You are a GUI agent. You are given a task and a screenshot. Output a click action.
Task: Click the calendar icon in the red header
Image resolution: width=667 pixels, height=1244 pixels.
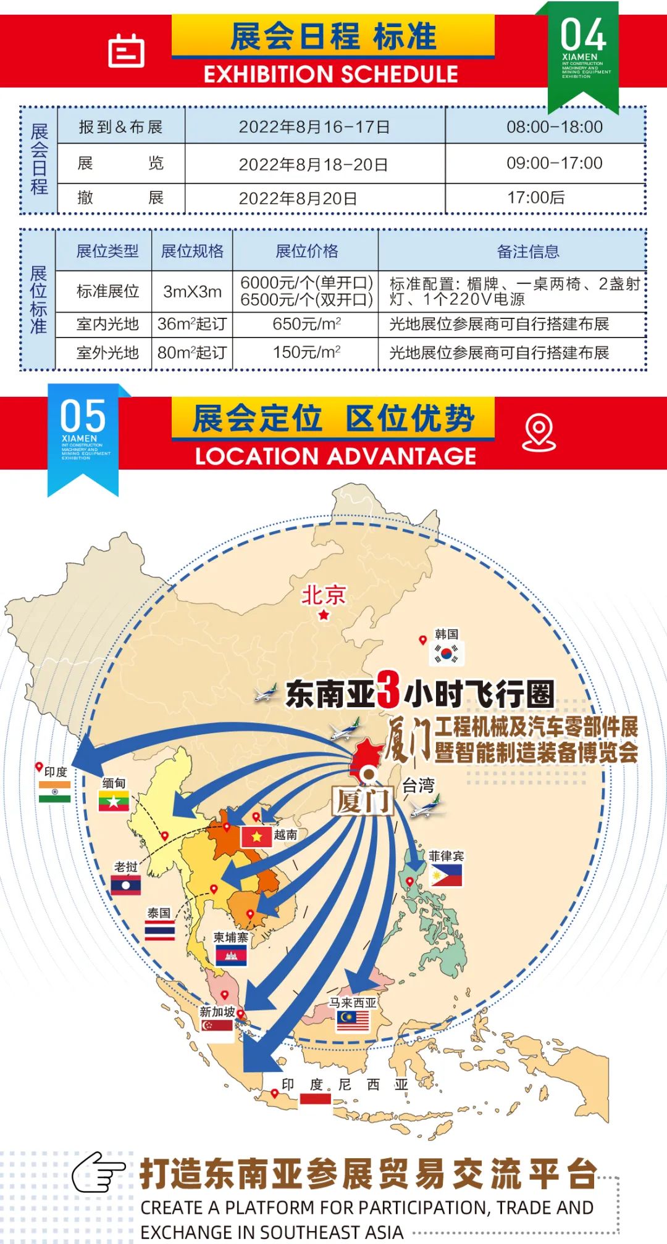(x=126, y=51)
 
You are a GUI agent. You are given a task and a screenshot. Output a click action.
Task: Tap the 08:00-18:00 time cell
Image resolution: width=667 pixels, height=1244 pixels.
(x=554, y=127)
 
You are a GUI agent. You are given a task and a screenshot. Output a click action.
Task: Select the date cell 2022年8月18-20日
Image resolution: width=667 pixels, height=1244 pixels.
(x=313, y=165)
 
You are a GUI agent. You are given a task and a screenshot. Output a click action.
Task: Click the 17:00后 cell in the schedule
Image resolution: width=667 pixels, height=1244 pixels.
(x=535, y=198)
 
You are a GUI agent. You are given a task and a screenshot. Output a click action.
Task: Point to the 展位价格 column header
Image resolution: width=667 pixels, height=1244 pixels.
(x=306, y=251)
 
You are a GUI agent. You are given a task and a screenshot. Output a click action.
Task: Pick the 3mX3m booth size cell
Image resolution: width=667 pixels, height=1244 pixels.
(x=192, y=292)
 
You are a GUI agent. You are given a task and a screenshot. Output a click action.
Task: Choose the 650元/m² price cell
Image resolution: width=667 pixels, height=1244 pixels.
(x=306, y=324)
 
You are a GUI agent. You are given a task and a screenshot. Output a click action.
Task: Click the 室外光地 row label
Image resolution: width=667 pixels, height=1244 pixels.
(x=107, y=353)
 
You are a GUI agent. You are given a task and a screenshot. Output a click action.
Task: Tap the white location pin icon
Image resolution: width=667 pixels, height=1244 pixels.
(x=539, y=433)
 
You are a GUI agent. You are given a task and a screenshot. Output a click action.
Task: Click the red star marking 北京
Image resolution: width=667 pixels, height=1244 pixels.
(x=324, y=615)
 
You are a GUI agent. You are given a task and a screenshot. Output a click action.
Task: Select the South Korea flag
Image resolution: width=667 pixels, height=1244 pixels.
(x=446, y=653)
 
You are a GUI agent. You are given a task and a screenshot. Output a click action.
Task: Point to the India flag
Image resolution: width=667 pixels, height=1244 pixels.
(x=54, y=791)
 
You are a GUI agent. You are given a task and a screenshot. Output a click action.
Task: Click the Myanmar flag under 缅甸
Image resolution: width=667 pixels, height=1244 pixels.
(x=114, y=801)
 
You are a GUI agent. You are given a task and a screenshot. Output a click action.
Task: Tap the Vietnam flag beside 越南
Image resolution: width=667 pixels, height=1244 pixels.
(x=256, y=837)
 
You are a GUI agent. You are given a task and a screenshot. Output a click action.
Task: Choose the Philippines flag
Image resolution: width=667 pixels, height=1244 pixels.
(x=446, y=875)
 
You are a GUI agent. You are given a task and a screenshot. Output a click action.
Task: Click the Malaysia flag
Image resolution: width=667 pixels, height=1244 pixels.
(x=353, y=1021)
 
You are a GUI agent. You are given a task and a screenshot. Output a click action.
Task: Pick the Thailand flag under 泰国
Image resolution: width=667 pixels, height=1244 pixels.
(x=159, y=930)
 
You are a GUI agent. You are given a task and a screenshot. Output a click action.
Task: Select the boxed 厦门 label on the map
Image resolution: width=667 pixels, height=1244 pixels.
(x=363, y=801)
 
